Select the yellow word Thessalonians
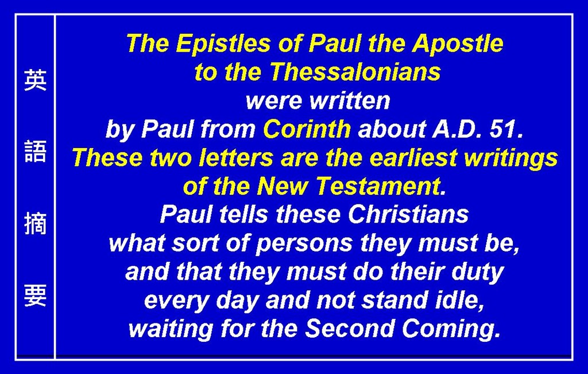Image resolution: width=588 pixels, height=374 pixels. coord(355,71)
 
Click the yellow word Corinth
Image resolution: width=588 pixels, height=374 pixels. coord(307,129)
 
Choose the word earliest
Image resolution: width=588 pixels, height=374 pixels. coord(413,158)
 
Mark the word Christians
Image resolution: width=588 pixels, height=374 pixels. coord(408,215)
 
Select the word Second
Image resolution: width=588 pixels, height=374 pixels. coord(350,329)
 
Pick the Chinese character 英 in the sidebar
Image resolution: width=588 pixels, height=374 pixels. coord(35,79)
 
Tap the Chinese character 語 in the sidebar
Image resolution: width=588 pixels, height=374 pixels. coord(35,151)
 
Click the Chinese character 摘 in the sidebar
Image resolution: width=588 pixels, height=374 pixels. coord(35,223)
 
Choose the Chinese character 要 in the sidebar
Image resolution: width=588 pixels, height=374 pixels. coord(35,295)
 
